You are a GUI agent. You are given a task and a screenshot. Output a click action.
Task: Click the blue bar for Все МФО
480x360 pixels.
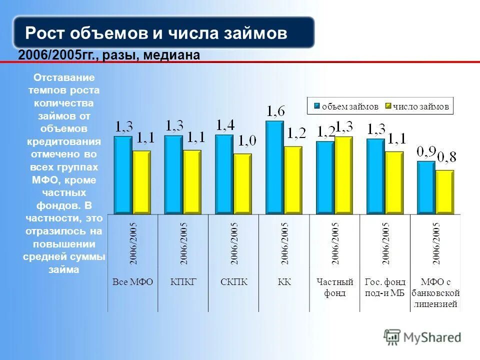123,175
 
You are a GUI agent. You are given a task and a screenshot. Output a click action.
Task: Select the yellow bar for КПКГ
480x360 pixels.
192,182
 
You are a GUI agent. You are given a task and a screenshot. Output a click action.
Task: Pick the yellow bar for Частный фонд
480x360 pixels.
343,175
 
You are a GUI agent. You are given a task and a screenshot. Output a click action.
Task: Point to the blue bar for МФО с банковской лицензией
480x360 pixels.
426,187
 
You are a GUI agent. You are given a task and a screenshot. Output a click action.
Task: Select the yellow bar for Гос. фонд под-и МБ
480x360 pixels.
394,182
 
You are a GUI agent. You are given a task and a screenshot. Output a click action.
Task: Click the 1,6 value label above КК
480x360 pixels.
275,111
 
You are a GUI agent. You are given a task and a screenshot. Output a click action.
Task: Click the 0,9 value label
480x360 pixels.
426,150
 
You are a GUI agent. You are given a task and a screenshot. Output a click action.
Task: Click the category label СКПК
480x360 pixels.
233,282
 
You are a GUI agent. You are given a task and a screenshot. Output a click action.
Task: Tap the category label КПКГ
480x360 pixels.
183,282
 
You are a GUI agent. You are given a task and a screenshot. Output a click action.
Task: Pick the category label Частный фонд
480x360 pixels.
334,287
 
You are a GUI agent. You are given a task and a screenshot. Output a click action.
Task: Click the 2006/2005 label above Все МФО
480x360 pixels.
133,243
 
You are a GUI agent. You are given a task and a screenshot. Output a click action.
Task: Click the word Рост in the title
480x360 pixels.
44,33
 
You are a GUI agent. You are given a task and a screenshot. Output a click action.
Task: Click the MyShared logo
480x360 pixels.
422,337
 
